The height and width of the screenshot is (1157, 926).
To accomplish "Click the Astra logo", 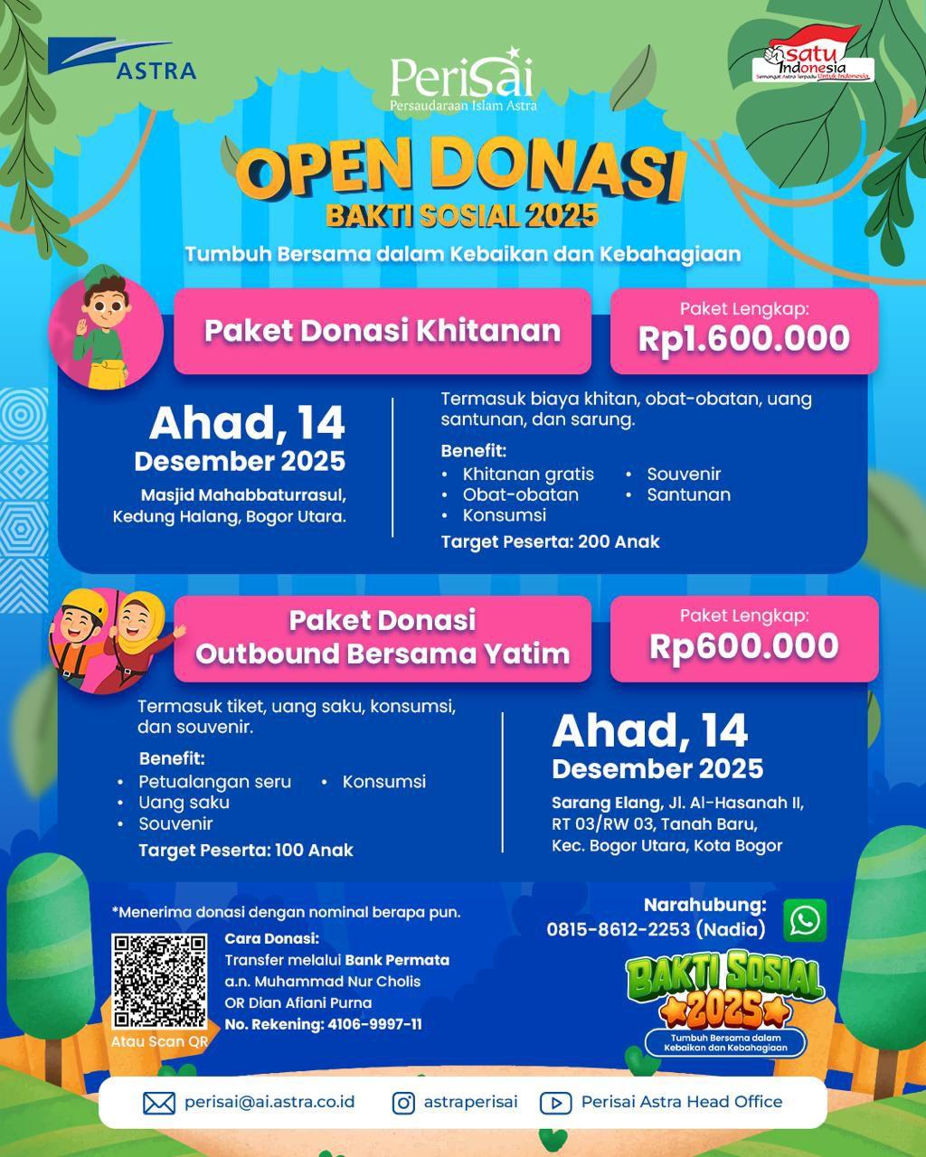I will pyautogui.click(x=122, y=60).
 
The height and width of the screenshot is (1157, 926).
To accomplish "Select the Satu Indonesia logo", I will pyautogui.click(x=813, y=60).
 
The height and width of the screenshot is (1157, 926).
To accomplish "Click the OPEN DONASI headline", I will pyautogui.click(x=462, y=171).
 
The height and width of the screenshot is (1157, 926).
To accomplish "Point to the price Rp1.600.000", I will pyautogui.click(x=743, y=339).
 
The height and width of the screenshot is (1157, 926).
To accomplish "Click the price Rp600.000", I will pyautogui.click(x=743, y=646).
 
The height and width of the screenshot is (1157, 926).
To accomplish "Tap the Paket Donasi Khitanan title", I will pyautogui.click(x=382, y=331).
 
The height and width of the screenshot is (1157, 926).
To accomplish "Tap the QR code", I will pyautogui.click(x=159, y=982).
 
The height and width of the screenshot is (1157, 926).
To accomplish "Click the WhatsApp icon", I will pyautogui.click(x=804, y=920).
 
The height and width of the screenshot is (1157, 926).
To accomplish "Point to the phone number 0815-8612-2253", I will pyautogui.click(x=619, y=929).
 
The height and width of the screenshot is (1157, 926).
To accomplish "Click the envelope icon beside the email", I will pyautogui.click(x=159, y=1103).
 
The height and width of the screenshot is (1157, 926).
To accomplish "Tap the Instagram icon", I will pyautogui.click(x=403, y=1103).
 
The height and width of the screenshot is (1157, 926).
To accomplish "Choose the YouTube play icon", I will pyautogui.click(x=555, y=1103).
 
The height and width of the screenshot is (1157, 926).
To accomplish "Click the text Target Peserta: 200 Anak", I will pyautogui.click(x=550, y=542).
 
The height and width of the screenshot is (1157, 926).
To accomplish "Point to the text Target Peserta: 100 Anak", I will pyautogui.click(x=245, y=851).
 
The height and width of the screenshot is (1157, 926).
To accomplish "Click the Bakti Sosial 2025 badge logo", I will pyautogui.click(x=724, y=1002).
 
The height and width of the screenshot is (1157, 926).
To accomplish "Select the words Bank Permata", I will pyautogui.click(x=397, y=960).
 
